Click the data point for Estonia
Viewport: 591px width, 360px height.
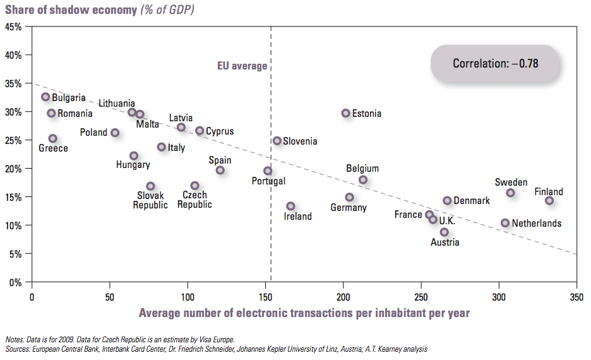point(345,113)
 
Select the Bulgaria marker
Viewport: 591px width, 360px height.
point(45,97)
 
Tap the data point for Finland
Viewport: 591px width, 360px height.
point(549,201)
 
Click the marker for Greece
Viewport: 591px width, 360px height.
point(52,138)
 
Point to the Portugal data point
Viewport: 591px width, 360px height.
point(268,171)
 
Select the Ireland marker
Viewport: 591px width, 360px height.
point(290,206)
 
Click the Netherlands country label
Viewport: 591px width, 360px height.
point(536,223)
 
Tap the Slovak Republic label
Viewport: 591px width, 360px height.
point(150,200)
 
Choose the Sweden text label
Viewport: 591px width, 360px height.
point(511,183)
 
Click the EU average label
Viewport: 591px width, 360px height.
point(242,66)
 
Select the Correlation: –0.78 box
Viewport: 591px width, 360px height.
point(495,64)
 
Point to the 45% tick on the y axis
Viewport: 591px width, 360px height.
point(14,27)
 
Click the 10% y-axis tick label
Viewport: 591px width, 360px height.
point(14,225)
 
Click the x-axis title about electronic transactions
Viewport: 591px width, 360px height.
point(304,313)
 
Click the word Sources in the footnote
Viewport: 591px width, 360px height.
point(18,349)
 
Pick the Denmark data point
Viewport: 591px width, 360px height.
point(447,201)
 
